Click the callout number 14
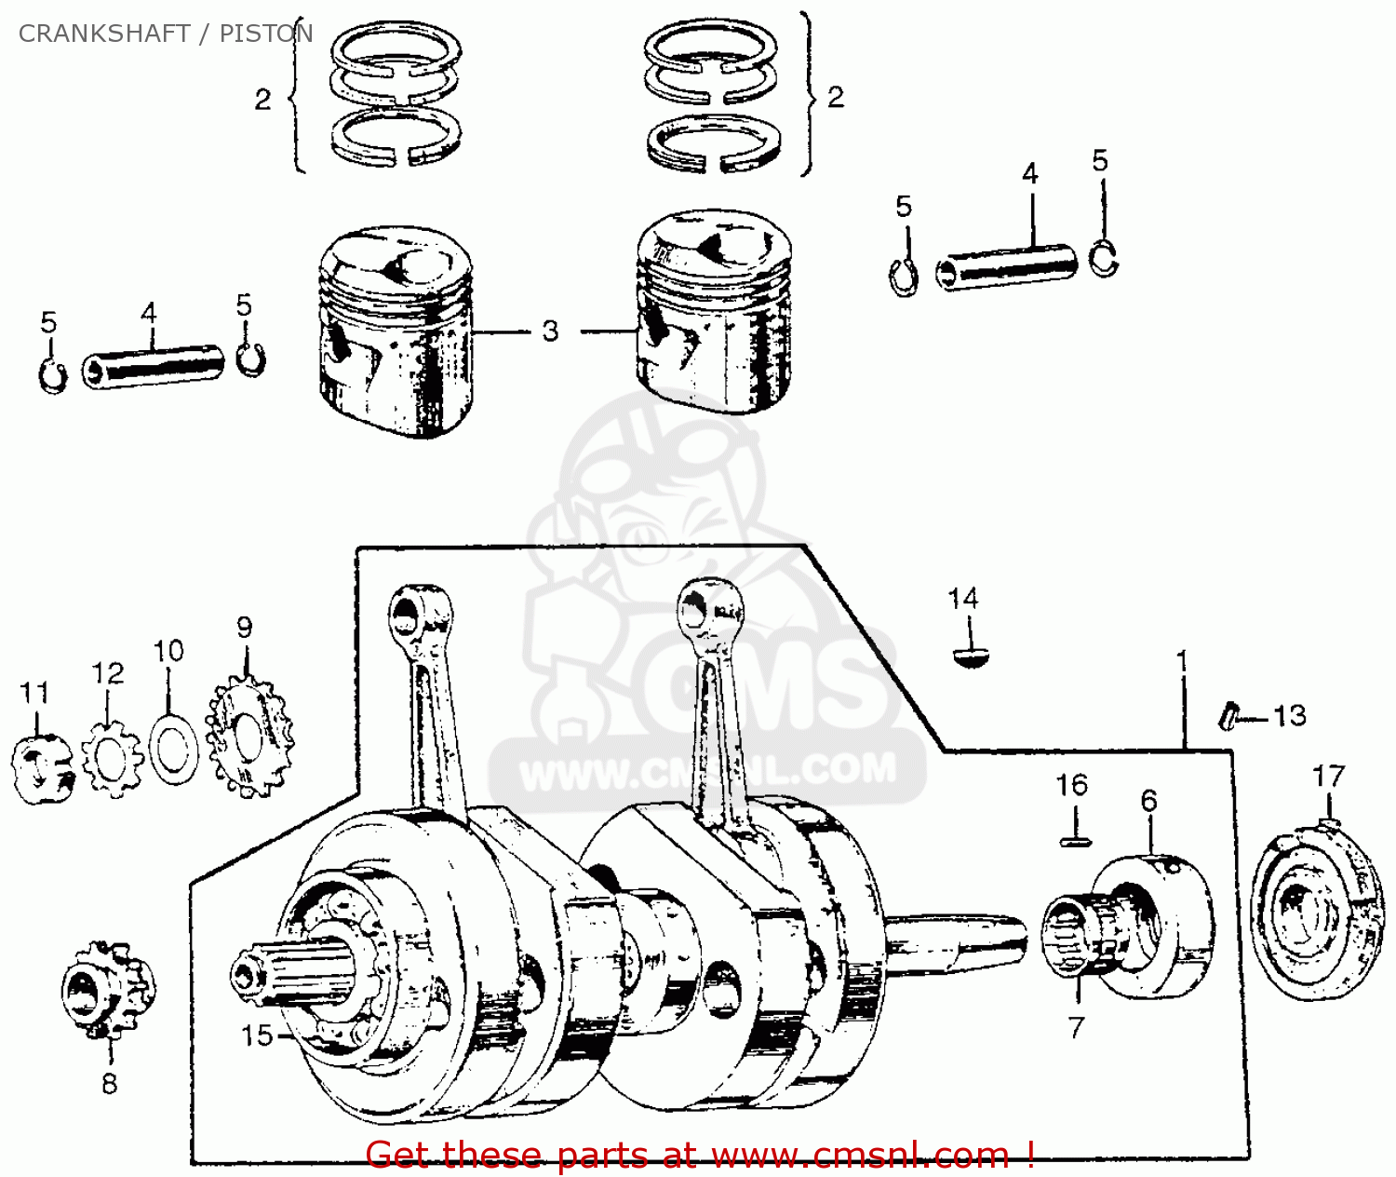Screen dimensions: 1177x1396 (962, 599)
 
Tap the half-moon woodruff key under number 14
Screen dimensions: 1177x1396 (971, 657)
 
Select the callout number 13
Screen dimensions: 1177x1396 (1289, 716)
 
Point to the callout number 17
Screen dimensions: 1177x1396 (1328, 777)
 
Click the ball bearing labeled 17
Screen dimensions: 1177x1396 (1312, 913)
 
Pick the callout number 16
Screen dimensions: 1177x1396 (1071, 785)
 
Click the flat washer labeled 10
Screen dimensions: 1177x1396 (174, 751)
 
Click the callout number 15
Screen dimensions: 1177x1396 (257, 1035)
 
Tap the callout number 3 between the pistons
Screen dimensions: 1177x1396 (550, 331)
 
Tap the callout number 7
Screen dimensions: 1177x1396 (1076, 1027)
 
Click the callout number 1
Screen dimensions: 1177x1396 (1182, 662)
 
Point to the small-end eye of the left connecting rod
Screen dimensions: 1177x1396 (408, 616)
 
